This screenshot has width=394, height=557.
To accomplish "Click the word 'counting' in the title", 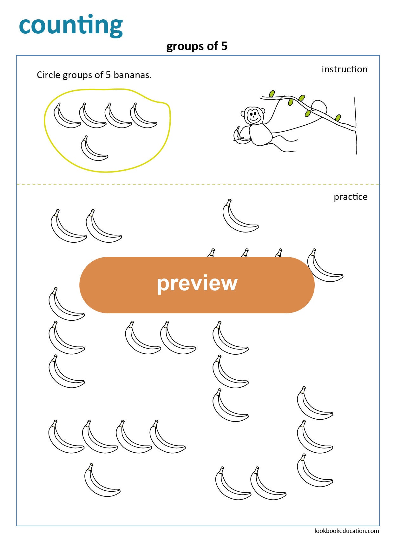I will click(x=71, y=25).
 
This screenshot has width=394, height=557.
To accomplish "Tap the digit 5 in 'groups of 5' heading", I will click(x=224, y=46).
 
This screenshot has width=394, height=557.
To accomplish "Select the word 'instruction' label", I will click(x=344, y=69).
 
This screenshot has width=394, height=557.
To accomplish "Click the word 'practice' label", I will click(x=350, y=197).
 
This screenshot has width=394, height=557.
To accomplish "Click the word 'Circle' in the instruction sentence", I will click(x=49, y=75).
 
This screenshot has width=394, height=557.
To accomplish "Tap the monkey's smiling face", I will click(x=253, y=115).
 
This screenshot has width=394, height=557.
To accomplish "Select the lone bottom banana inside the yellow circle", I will click(x=93, y=149).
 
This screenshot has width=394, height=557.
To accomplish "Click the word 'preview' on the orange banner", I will click(x=197, y=283).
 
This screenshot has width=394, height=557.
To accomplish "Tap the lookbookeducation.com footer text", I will click(x=346, y=531).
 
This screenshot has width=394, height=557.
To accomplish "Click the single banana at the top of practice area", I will click(x=239, y=217).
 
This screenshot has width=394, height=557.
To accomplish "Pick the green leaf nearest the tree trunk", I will click(x=338, y=118).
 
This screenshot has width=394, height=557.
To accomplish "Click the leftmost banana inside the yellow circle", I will click(x=66, y=117).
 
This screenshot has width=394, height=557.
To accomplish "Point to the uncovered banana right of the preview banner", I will click(x=324, y=266).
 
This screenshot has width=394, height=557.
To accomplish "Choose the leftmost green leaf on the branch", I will click(x=272, y=94).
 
